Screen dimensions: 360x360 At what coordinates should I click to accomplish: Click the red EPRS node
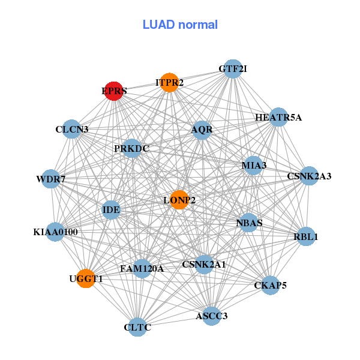click(x=113, y=91)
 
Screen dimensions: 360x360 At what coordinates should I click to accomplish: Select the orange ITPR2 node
click(x=170, y=82)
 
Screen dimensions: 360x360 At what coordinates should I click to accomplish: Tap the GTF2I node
click(x=232, y=69)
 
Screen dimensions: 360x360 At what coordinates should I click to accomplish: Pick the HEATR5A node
click(x=278, y=117)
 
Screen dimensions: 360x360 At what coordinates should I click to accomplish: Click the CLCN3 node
click(x=72, y=129)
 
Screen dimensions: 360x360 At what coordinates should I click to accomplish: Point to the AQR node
click(x=202, y=130)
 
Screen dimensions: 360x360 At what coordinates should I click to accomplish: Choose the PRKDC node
click(x=131, y=148)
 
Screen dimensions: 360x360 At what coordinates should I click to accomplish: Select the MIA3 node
click(x=253, y=165)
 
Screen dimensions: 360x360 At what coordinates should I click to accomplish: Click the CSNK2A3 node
click(x=309, y=176)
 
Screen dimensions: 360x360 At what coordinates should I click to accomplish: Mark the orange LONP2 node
click(x=179, y=200)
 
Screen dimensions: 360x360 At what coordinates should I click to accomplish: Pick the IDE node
click(x=112, y=209)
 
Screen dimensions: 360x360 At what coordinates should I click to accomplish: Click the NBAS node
click(x=249, y=223)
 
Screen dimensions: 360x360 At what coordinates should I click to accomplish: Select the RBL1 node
click(x=305, y=236)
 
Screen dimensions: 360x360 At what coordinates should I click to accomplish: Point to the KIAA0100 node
click(x=55, y=232)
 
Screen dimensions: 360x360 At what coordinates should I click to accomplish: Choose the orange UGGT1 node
click(x=86, y=279)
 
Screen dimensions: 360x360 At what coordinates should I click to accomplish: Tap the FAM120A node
click(x=142, y=269)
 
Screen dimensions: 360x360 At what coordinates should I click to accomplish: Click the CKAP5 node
click(x=270, y=285)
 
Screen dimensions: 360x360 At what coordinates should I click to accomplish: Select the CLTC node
click(x=137, y=327)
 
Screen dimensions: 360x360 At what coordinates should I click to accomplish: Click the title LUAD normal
click(x=180, y=25)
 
